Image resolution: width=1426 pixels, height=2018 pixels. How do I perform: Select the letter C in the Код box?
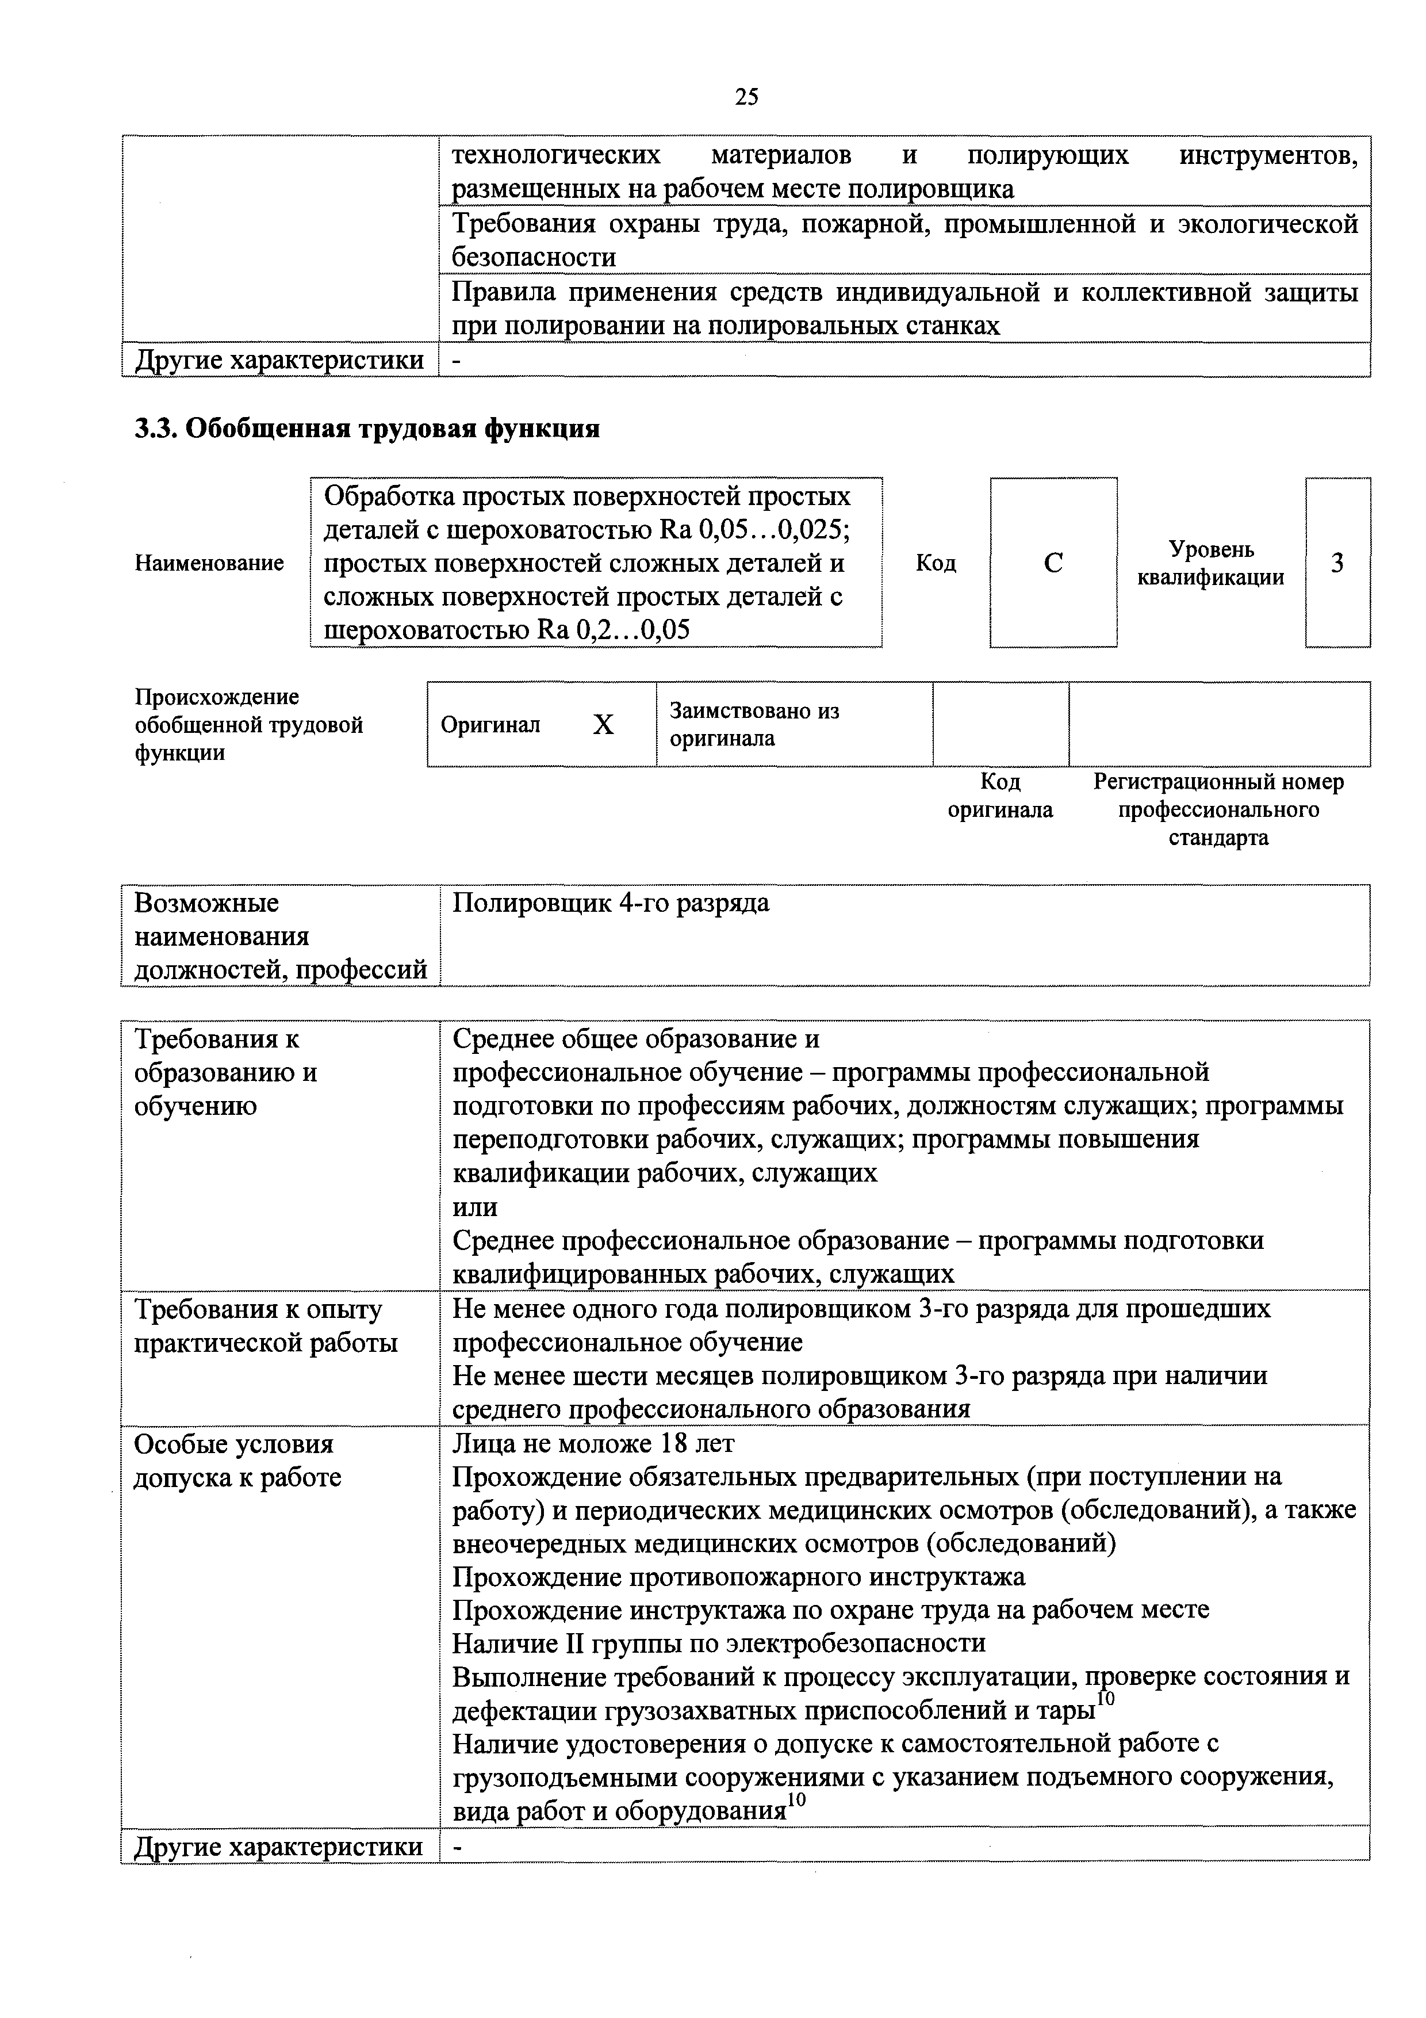[1053, 563]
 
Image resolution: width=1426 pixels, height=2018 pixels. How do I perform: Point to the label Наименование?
[209, 563]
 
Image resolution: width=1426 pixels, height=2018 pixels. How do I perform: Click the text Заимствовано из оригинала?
[754, 724]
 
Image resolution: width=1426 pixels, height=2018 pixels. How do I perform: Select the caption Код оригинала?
[1000, 796]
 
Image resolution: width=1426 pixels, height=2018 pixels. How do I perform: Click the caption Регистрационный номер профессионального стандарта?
[1218, 809]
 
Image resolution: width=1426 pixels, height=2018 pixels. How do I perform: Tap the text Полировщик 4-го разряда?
[611, 904]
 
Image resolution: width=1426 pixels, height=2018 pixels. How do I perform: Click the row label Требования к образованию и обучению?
[226, 1072]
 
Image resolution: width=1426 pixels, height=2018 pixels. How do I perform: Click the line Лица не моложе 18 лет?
[593, 1444]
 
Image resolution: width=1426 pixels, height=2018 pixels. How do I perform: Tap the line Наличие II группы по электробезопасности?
[719, 1644]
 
